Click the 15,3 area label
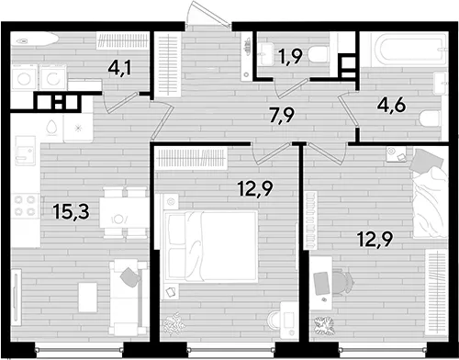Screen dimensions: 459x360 coord(71,212)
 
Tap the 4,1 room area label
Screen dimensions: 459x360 coord(119,68)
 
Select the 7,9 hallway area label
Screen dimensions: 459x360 coord(283,116)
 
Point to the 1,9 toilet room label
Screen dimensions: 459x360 coord(290,56)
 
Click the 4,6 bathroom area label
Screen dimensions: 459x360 coord(392,106)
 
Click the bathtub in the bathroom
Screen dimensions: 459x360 coord(408,50)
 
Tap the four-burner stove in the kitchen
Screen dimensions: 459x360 coord(25,206)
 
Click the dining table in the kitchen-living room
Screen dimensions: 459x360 coord(123,212)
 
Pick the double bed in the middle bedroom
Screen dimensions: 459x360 coord(210,246)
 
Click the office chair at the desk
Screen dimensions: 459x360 coord(341,282)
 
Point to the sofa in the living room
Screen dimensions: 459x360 coord(129,297)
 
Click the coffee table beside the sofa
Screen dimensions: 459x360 coord(87,298)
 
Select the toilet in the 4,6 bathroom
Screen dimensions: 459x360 coord(431,118)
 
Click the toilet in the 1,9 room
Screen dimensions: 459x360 coord(318,55)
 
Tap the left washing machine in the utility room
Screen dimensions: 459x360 coord(24,77)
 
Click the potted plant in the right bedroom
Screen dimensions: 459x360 coord(324,326)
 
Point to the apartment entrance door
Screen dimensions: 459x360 coord(208,16)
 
